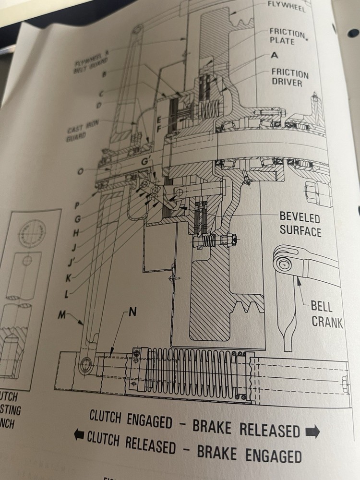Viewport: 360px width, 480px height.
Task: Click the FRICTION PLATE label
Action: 287,36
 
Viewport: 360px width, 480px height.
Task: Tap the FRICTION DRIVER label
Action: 289,78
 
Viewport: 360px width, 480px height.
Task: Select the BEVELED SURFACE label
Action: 300,224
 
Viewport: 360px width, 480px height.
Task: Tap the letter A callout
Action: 275,55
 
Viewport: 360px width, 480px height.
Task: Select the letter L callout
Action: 70,292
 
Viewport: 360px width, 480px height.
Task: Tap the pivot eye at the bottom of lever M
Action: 86,365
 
